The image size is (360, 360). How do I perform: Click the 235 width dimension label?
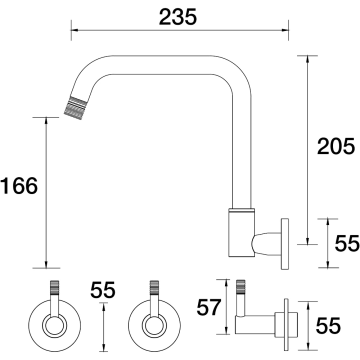point(178,17)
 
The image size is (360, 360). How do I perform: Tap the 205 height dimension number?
point(335,146)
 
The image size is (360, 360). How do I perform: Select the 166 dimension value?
point(19,186)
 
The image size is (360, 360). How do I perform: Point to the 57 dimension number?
point(209,307)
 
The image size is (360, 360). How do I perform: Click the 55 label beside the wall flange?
point(347,243)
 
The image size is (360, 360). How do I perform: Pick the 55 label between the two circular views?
point(103,290)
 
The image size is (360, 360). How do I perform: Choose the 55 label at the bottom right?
point(328,326)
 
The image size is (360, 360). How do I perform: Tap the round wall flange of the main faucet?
point(285,244)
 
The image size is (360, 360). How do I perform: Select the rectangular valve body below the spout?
point(241,233)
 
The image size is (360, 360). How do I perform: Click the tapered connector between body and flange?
point(266,244)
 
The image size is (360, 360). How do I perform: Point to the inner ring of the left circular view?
point(54,325)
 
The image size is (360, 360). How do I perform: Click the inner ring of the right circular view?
point(154,325)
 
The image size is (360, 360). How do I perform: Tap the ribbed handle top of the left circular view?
point(55,287)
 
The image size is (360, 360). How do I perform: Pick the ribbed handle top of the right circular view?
point(154,287)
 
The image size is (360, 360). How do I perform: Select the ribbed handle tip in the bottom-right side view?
point(240,288)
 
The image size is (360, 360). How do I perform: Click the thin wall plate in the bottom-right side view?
point(286,324)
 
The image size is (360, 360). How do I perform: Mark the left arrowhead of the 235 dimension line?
point(75,30)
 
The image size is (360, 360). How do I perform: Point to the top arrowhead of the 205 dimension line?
point(307,59)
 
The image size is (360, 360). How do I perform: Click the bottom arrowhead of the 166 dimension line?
point(46,264)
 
